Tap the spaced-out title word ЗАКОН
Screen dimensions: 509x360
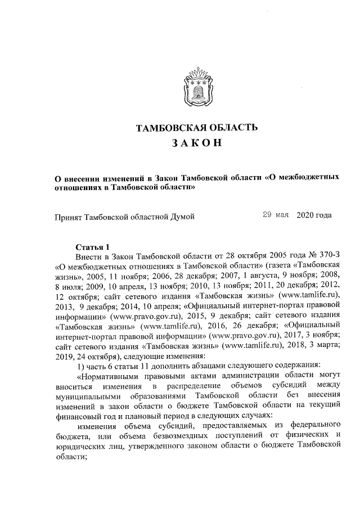[x=197, y=144]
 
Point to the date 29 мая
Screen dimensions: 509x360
[x=276, y=215]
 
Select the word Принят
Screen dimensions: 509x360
[x=67, y=215]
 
